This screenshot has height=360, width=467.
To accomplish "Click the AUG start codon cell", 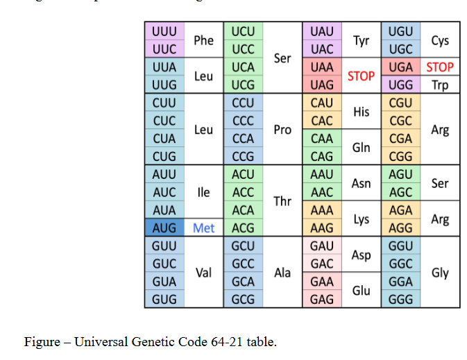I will tap(164, 228).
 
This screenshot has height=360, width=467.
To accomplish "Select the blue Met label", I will tap(203, 228).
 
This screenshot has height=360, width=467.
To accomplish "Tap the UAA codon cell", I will tap(322, 67).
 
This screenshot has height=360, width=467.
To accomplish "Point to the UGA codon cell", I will tap(401, 67).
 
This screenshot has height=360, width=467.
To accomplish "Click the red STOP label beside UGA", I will tap(440, 67).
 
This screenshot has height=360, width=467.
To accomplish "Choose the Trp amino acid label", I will tap(440, 85).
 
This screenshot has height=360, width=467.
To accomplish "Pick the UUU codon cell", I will tap(164, 31).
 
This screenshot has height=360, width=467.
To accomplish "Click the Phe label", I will tap(203, 40).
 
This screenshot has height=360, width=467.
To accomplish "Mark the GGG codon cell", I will tap(401, 300).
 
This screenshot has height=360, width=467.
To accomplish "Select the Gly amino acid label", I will tap(440, 273).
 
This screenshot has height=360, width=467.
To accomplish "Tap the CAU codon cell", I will tap(322, 103).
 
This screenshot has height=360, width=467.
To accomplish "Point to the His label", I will tap(361, 112).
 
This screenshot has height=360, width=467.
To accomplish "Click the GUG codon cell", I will tap(164, 300).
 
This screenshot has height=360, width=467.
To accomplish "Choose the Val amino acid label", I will tap(203, 273).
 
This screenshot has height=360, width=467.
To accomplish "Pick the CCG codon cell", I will tap(243, 157).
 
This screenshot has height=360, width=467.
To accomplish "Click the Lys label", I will tap(361, 219).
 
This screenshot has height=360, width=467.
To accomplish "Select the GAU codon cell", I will tap(322, 246).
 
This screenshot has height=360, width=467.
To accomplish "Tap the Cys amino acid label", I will tap(440, 40).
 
